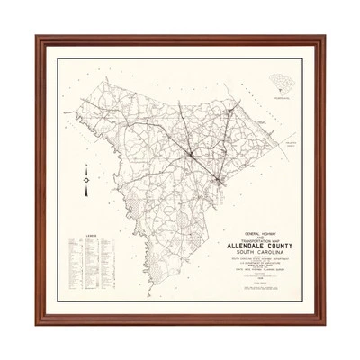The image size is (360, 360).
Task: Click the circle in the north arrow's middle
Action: (82, 180)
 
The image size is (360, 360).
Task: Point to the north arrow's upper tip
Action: (82, 165)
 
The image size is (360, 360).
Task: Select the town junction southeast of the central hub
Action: (220, 183)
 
